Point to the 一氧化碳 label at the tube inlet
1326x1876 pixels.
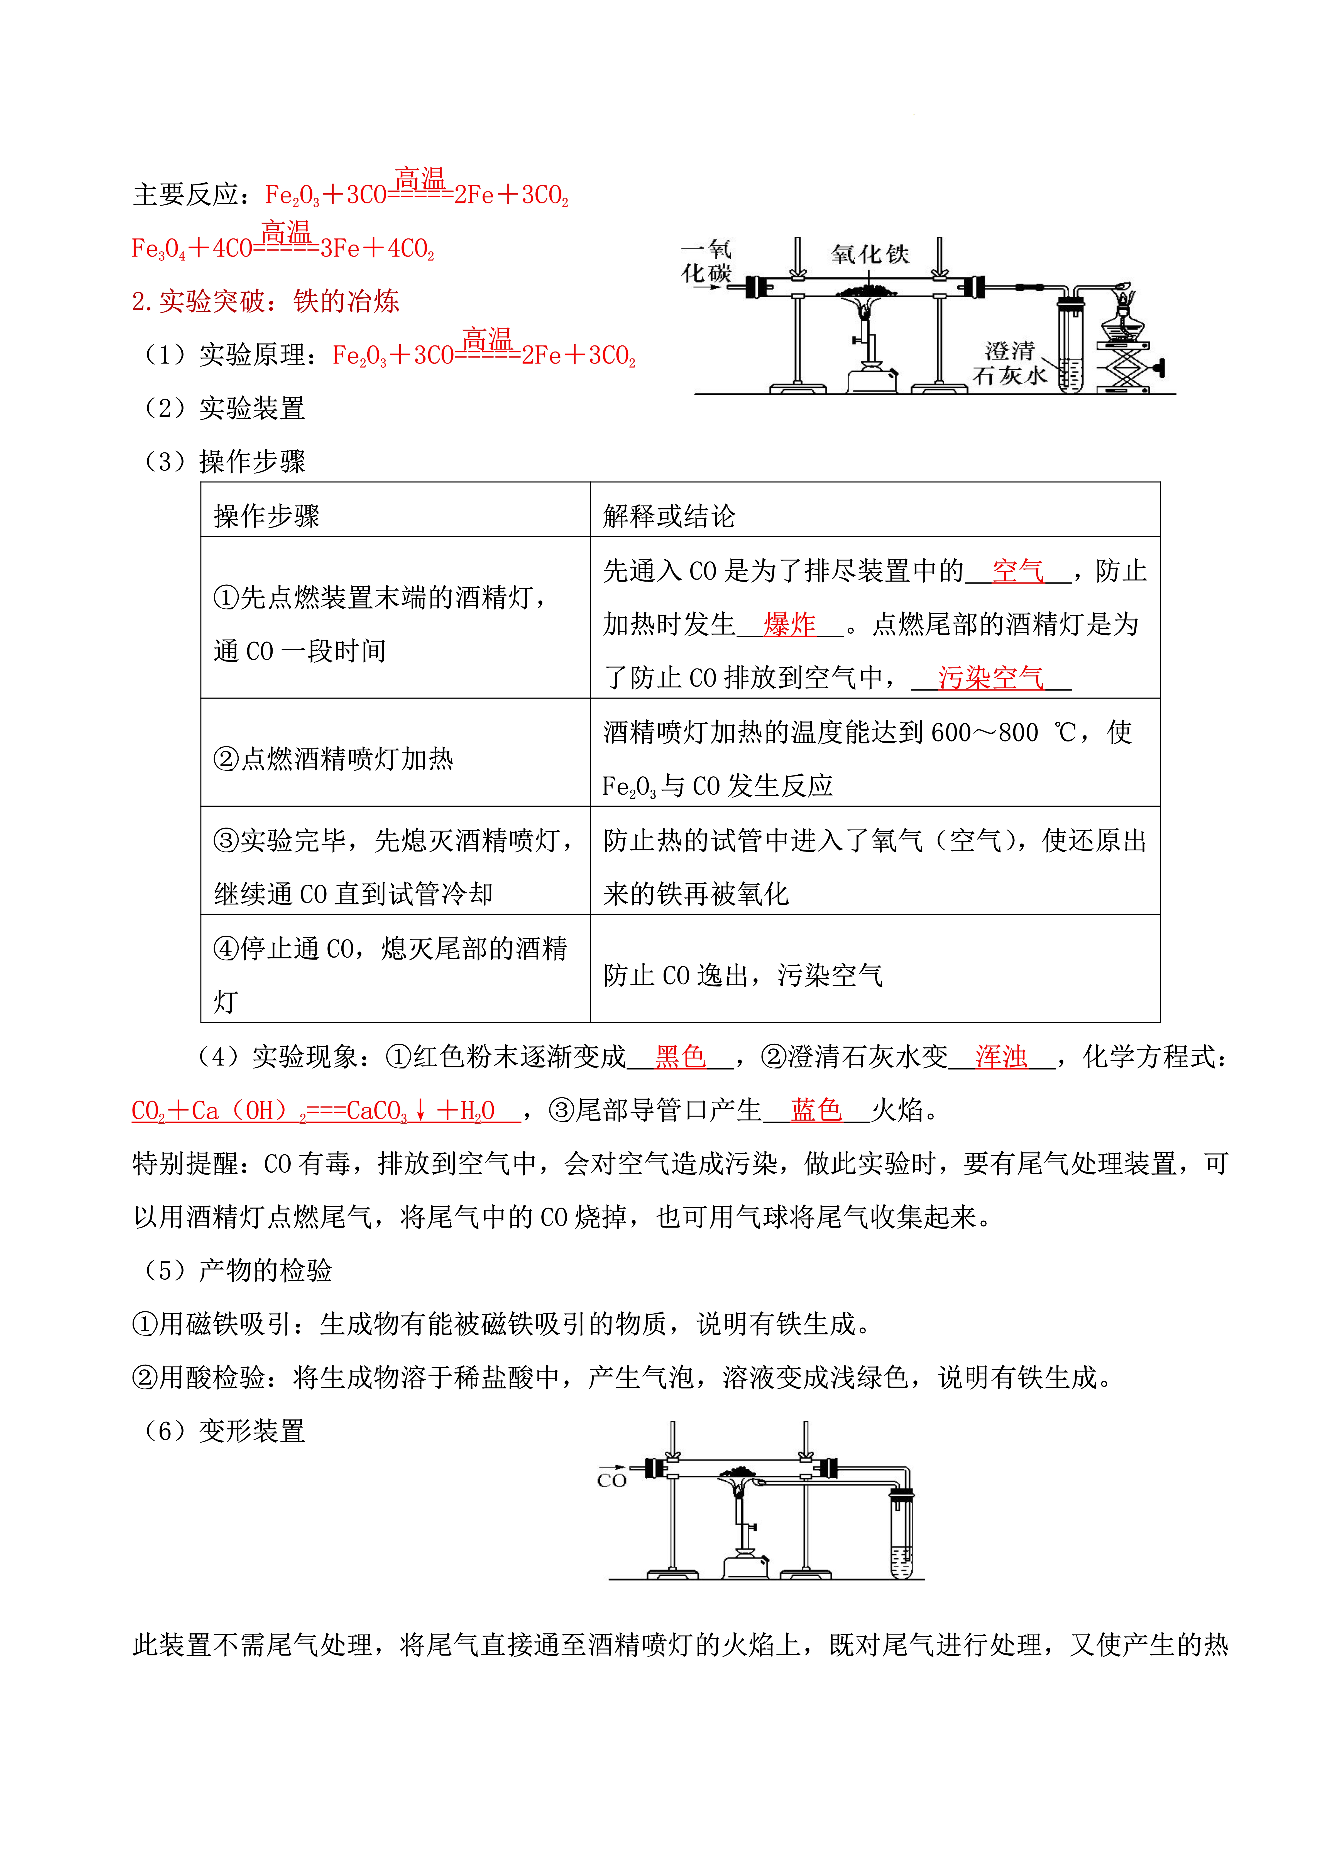pyautogui.click(x=707, y=262)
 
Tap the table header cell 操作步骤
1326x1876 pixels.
pyautogui.click(x=266, y=516)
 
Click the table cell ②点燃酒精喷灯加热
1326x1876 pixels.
pyautogui.click(x=333, y=759)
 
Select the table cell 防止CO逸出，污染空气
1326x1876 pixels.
pyautogui.click(x=743, y=975)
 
